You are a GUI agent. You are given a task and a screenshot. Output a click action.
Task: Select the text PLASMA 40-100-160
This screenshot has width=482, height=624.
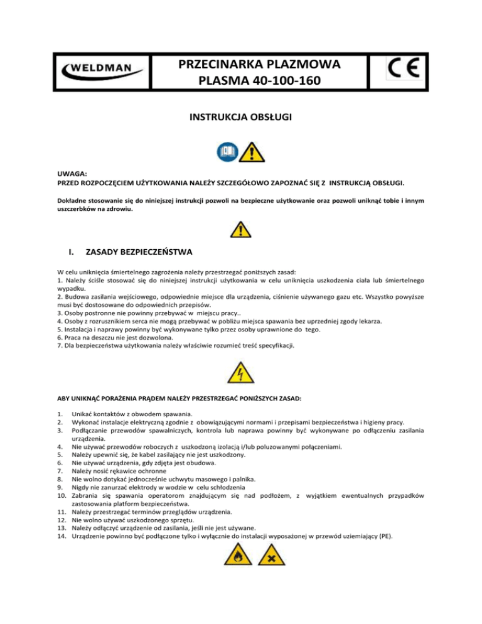(x=259, y=81)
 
